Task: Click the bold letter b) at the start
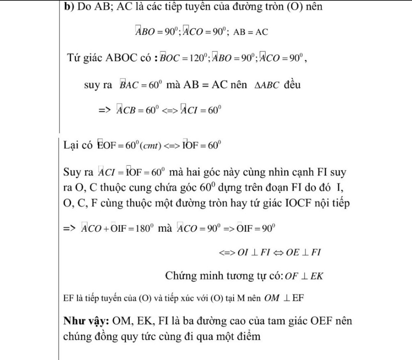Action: [x=69, y=6]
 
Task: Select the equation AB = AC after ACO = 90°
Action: [x=250, y=32]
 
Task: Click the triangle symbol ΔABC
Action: [x=267, y=85]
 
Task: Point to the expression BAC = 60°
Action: [x=141, y=85]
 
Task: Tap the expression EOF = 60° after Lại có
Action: [x=115, y=146]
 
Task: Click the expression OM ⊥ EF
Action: [x=284, y=298]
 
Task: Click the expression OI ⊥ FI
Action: [x=254, y=253]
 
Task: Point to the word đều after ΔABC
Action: [x=292, y=85]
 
